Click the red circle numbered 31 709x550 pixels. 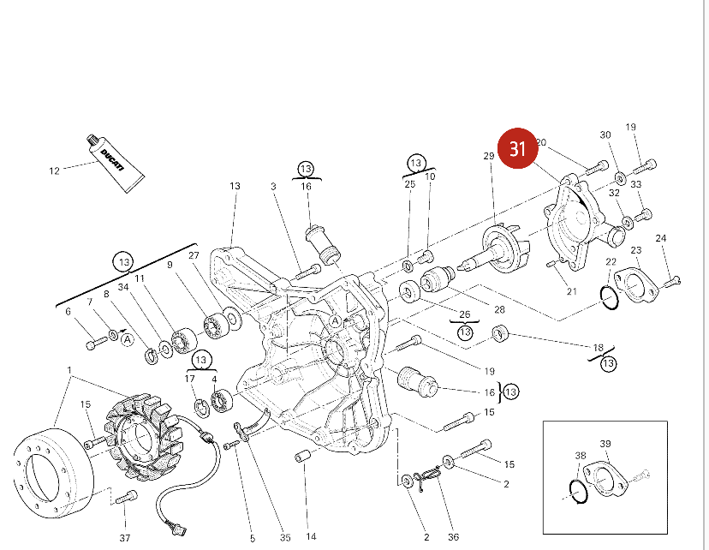[517, 149]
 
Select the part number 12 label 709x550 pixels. [54, 170]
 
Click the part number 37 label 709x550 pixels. [125, 537]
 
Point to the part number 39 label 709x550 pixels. [605, 443]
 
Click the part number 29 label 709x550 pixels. [489, 155]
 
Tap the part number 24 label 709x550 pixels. [661, 238]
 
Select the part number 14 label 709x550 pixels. [311, 537]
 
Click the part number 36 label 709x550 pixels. [453, 537]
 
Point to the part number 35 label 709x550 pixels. [285, 537]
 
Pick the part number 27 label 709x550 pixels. [194, 255]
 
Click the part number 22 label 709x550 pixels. [611, 261]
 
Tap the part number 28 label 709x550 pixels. [499, 309]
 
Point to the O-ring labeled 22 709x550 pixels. [608, 298]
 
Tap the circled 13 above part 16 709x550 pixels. [307, 168]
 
